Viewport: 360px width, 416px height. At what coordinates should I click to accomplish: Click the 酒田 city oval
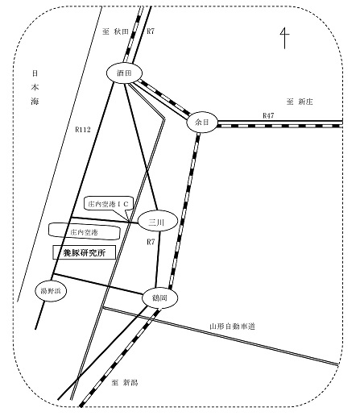(x=124, y=73)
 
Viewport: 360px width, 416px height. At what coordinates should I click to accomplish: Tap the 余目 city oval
(x=202, y=123)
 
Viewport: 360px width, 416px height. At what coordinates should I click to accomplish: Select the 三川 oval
(x=158, y=221)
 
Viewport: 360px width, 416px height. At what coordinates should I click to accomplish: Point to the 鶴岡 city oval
(x=159, y=297)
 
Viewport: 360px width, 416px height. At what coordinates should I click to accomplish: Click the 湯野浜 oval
(x=51, y=291)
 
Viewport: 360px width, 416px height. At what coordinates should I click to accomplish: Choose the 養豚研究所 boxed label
(x=85, y=252)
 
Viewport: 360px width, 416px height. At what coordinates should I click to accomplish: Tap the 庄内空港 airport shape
(x=84, y=231)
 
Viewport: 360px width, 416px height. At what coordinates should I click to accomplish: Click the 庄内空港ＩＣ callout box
(x=108, y=204)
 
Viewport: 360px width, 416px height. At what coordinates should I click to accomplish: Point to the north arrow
(x=284, y=38)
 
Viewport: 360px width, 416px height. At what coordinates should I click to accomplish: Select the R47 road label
(x=268, y=115)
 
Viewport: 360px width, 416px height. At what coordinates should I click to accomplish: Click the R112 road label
(x=83, y=130)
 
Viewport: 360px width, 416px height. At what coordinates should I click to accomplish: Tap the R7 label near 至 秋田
(x=151, y=31)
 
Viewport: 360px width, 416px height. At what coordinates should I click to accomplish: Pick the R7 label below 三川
(x=151, y=242)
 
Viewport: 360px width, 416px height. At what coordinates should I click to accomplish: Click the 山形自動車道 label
(x=232, y=327)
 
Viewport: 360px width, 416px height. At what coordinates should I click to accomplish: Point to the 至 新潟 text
(x=125, y=382)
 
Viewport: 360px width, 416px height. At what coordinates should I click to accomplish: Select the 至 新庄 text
(x=300, y=102)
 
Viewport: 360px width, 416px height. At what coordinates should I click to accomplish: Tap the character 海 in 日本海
(x=35, y=102)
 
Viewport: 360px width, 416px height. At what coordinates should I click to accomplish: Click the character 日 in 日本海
(x=35, y=73)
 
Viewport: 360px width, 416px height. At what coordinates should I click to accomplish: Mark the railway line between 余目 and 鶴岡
(x=184, y=211)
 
